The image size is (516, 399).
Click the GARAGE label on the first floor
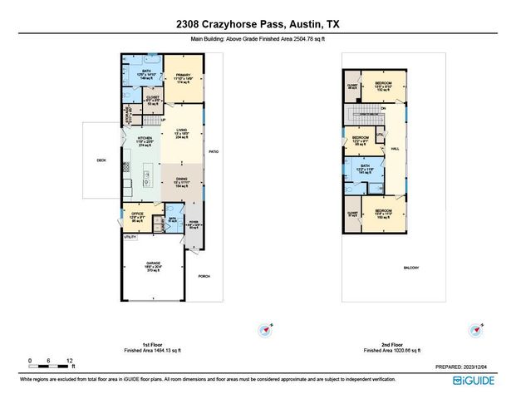[x=153, y=264]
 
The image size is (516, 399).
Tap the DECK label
[x=101, y=160]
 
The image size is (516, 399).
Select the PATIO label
[x=213, y=151]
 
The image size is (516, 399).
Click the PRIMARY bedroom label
[x=184, y=76]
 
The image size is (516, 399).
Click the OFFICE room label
[x=137, y=214]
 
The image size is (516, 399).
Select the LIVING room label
[x=182, y=131]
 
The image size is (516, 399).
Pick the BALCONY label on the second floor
[x=411, y=267]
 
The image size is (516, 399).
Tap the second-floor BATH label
[x=364, y=165]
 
